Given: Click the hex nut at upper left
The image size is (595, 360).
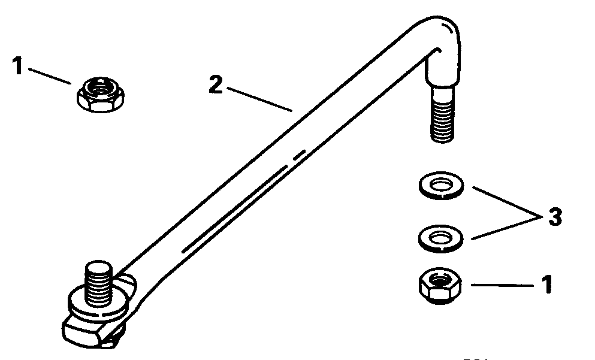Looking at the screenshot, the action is click(x=101, y=95).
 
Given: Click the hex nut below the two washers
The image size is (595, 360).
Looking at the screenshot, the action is click(x=440, y=286).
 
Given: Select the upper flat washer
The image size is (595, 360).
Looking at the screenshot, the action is click(x=441, y=185).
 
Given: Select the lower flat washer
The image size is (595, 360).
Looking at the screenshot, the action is click(x=440, y=238).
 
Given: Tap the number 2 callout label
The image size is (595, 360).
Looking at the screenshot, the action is click(x=216, y=84).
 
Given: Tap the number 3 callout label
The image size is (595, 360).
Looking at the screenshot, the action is click(x=555, y=217).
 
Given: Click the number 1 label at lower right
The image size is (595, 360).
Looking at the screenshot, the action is click(x=546, y=285).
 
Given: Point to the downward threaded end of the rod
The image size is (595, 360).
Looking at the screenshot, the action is click(x=442, y=114).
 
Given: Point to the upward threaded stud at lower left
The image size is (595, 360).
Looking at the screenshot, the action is click(x=98, y=283).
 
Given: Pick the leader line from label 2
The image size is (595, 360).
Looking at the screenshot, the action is click(x=259, y=99).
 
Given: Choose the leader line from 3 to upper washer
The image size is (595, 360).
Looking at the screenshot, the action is click(x=507, y=202).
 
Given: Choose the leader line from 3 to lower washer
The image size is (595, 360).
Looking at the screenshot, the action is click(x=506, y=228).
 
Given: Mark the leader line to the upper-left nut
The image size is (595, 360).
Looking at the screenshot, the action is click(x=50, y=76).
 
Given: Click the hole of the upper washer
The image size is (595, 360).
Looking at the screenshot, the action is click(x=441, y=184).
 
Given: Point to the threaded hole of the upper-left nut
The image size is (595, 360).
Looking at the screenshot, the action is click(x=100, y=90).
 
